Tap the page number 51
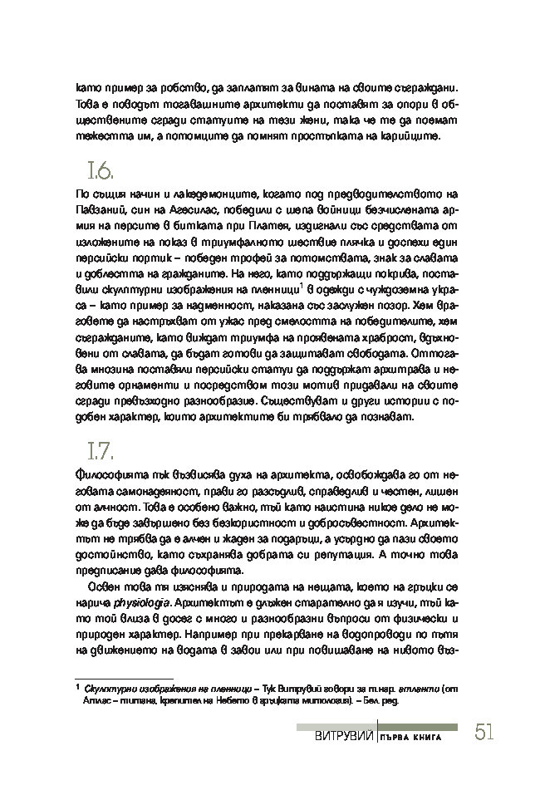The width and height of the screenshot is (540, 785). click(x=486, y=733)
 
